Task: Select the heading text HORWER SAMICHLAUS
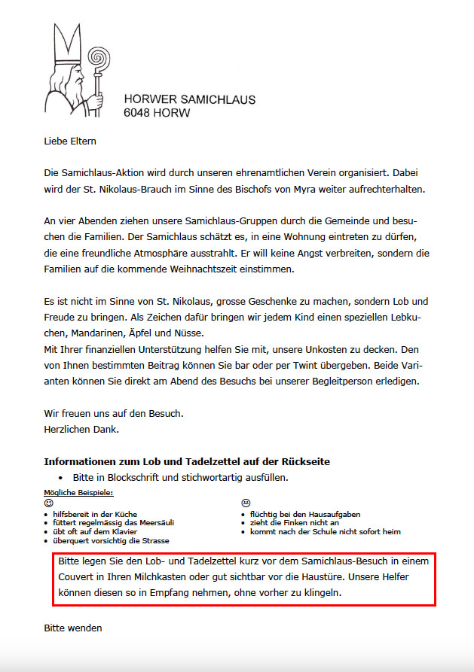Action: point(189,99)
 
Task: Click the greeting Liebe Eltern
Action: point(70,141)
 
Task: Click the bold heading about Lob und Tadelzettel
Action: point(187,461)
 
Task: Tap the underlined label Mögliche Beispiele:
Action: point(79,492)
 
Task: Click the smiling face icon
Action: point(49,502)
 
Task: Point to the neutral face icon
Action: point(245,502)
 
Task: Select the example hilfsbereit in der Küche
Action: point(95,514)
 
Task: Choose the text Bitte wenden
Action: point(72,628)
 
